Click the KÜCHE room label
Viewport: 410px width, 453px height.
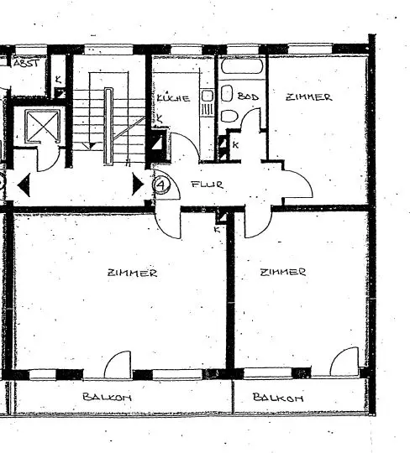coord(173,98)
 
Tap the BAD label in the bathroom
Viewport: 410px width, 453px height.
coord(248,96)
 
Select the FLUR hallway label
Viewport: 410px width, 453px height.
coord(208,184)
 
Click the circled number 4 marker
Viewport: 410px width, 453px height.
coord(161,185)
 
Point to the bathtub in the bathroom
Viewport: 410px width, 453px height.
coord(242,66)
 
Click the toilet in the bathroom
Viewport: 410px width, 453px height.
coord(229,116)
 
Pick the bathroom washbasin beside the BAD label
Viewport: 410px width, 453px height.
coord(227,93)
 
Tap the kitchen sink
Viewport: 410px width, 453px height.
coord(207,96)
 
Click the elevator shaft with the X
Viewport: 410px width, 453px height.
coord(42,126)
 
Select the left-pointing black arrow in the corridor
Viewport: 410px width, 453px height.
coord(24,185)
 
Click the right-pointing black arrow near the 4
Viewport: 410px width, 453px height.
coord(138,184)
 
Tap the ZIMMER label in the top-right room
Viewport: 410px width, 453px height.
coord(308,97)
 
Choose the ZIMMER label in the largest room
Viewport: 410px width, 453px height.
coord(132,273)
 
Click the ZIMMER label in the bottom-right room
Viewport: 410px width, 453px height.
coord(282,272)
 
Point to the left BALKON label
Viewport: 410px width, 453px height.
coord(107,397)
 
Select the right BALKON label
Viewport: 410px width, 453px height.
coord(278,398)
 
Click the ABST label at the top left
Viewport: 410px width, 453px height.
coord(26,63)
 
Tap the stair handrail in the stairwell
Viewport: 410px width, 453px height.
coord(108,126)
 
